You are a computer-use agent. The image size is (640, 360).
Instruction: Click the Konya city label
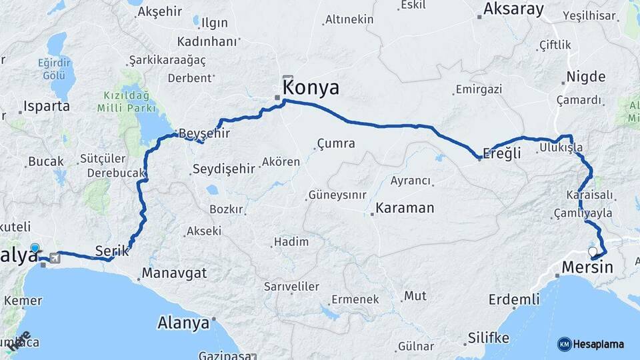click(x=311, y=88)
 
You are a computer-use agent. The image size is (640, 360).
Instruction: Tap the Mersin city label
click(x=587, y=267)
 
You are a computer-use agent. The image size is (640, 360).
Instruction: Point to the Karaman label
click(x=405, y=208)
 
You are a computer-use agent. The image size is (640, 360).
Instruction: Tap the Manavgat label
click(x=174, y=273)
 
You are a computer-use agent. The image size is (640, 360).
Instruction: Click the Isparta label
click(x=47, y=106)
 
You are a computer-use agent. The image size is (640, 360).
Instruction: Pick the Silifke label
click(x=489, y=337)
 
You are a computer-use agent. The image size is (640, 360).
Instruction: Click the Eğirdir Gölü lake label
click(x=53, y=69)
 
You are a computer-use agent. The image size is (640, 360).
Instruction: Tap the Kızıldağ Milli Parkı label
click(x=126, y=101)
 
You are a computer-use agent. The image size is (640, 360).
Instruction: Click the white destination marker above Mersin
click(x=593, y=252)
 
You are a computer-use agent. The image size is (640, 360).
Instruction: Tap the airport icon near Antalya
click(x=54, y=259)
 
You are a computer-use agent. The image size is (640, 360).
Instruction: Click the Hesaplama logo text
click(x=598, y=344)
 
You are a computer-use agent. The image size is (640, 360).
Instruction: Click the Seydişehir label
click(x=223, y=169)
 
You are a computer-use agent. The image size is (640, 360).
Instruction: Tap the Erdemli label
click(x=513, y=299)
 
